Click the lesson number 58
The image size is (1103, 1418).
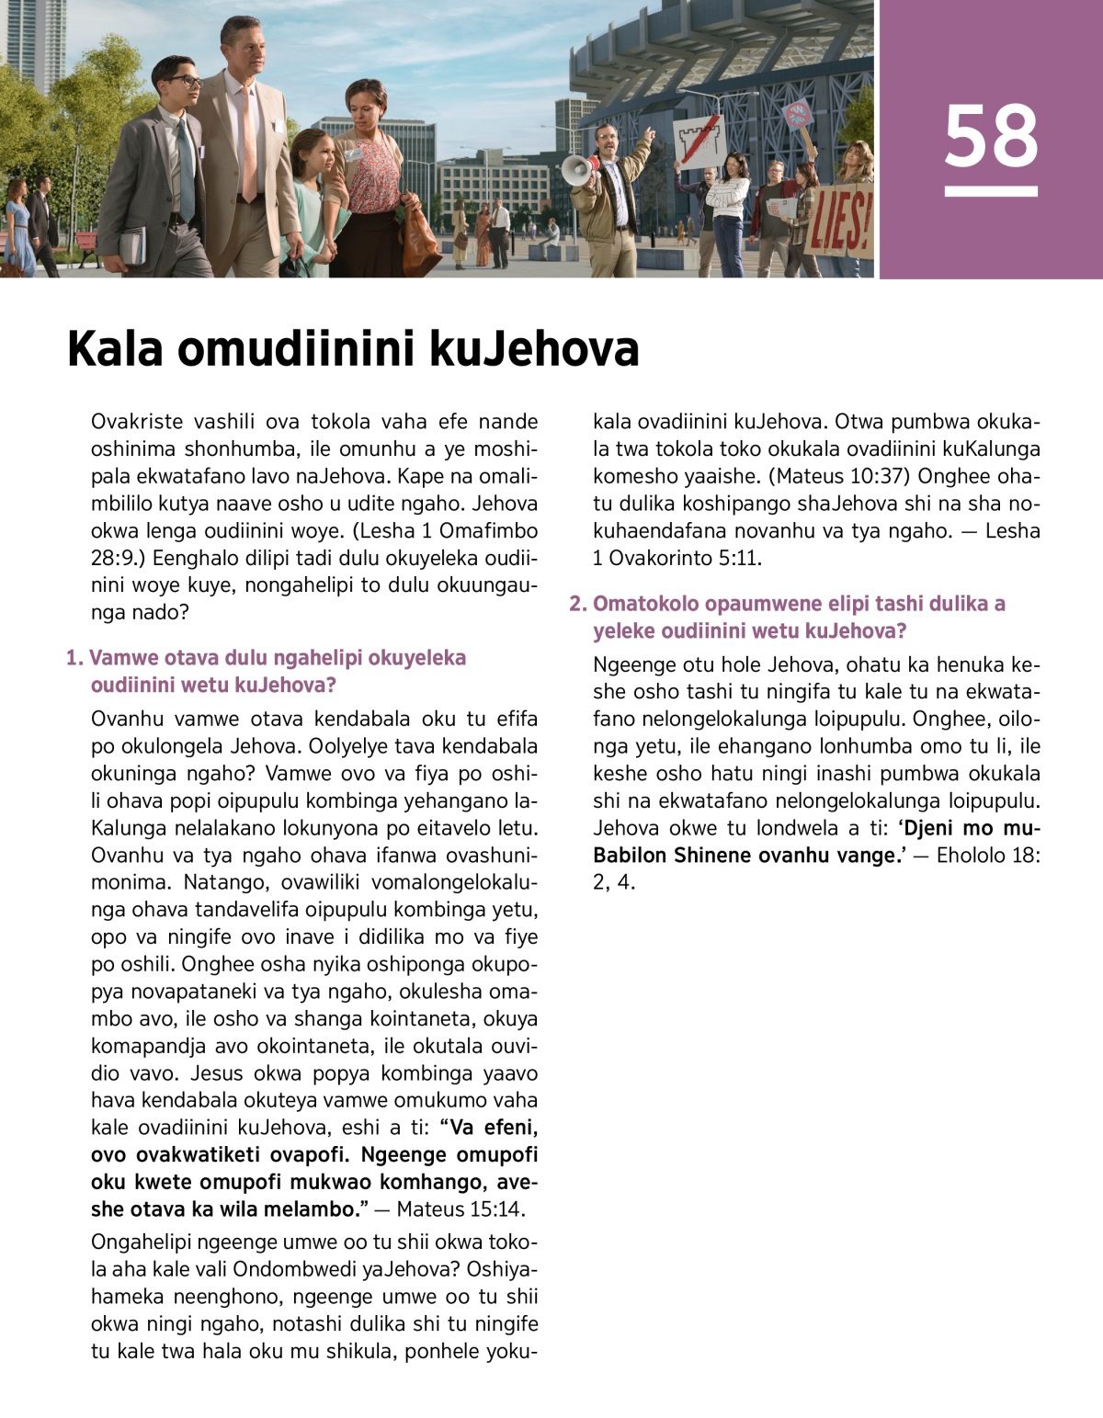[991, 135]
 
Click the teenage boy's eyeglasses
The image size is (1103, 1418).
[184, 81]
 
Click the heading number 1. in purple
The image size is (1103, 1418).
[75, 658]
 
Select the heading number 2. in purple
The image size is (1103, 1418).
[578, 604]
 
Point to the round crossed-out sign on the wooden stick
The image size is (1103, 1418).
[799, 116]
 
